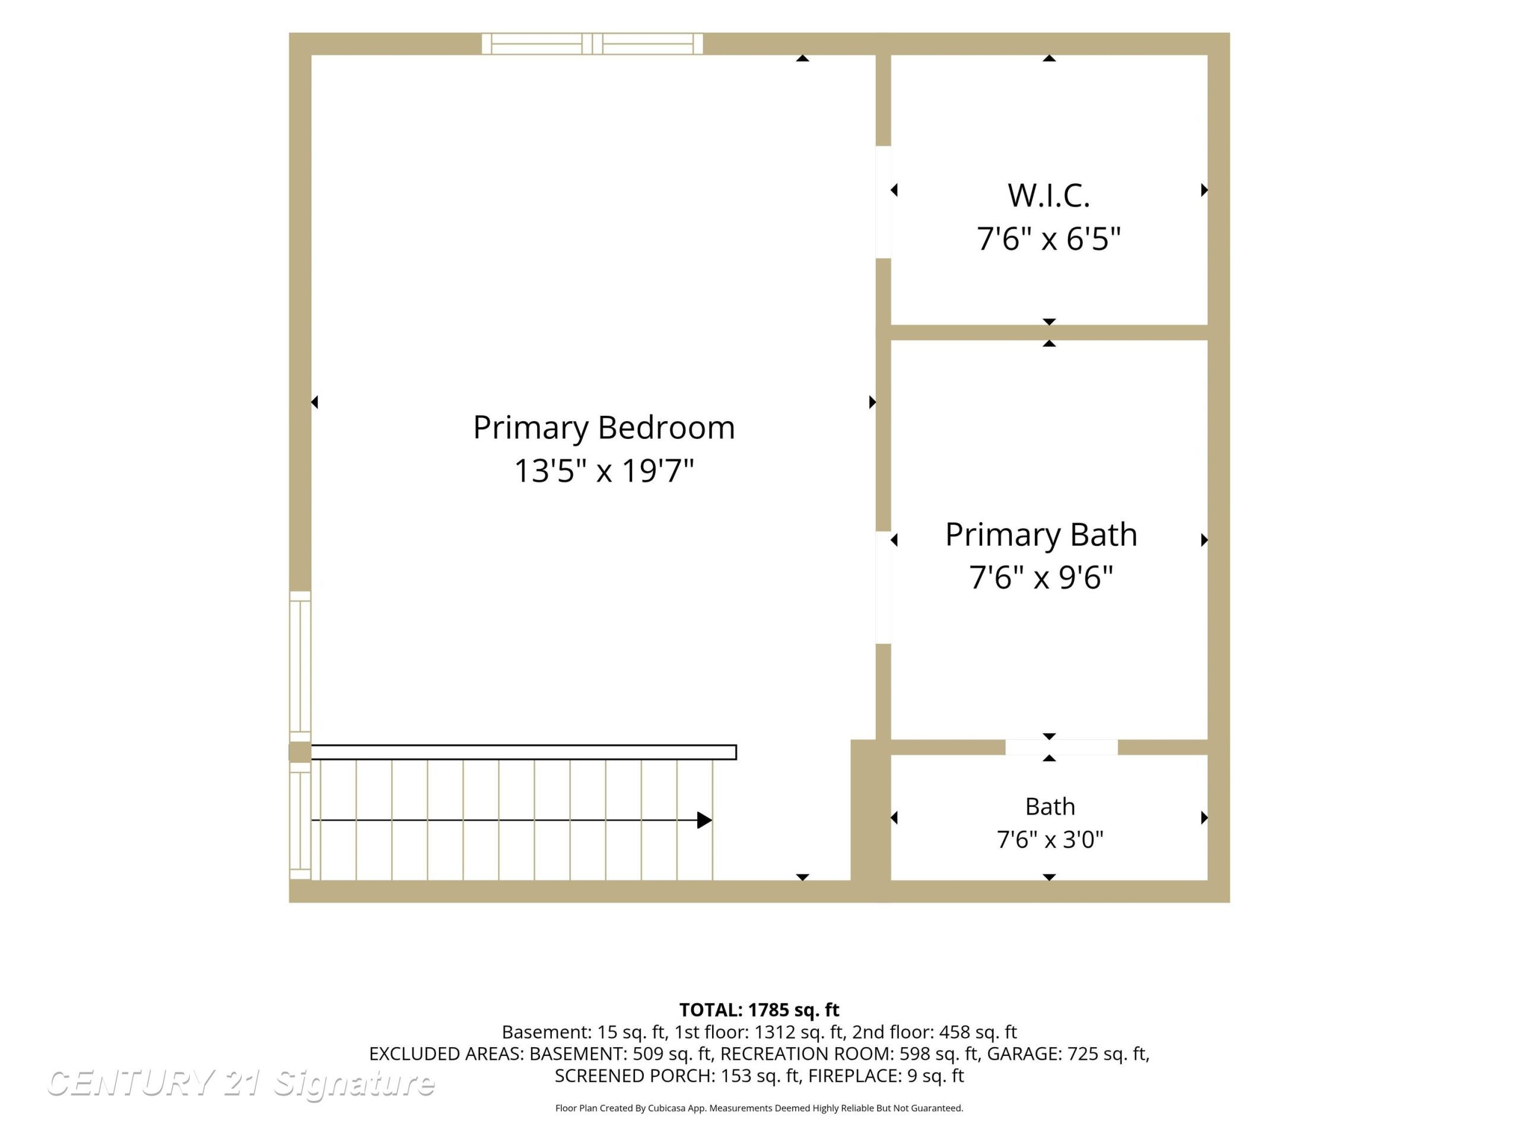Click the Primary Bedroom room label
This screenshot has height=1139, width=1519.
point(603,428)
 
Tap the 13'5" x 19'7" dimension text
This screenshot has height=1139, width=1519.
point(603,471)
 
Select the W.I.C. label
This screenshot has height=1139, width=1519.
point(1048,196)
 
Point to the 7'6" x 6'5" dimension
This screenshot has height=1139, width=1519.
point(1048,239)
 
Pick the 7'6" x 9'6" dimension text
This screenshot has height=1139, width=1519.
point(1041,577)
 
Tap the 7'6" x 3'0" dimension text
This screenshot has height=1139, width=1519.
point(1050,839)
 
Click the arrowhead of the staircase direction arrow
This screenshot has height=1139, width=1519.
point(704,820)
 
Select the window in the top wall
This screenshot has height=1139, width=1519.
point(592,44)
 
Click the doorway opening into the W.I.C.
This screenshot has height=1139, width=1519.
point(883,202)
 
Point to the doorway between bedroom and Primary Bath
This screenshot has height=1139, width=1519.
point(883,588)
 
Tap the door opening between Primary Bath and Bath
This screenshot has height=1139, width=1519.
point(1062,747)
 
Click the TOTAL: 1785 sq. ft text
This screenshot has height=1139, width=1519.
point(759,1010)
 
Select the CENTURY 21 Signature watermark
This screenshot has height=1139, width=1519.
point(240,1083)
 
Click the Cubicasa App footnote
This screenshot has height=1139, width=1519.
point(759,1108)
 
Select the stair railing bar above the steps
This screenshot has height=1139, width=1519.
point(524,752)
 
